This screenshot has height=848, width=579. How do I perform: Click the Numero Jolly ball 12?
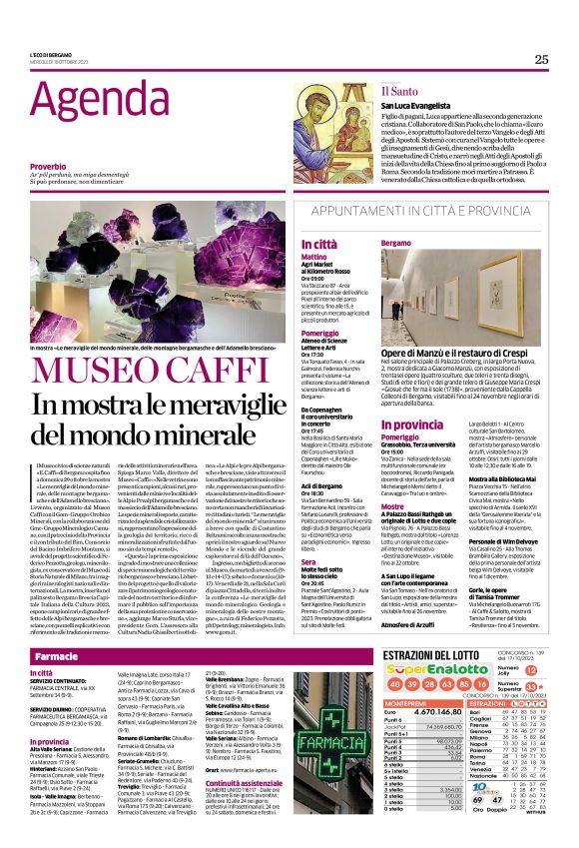pos(531,671)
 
